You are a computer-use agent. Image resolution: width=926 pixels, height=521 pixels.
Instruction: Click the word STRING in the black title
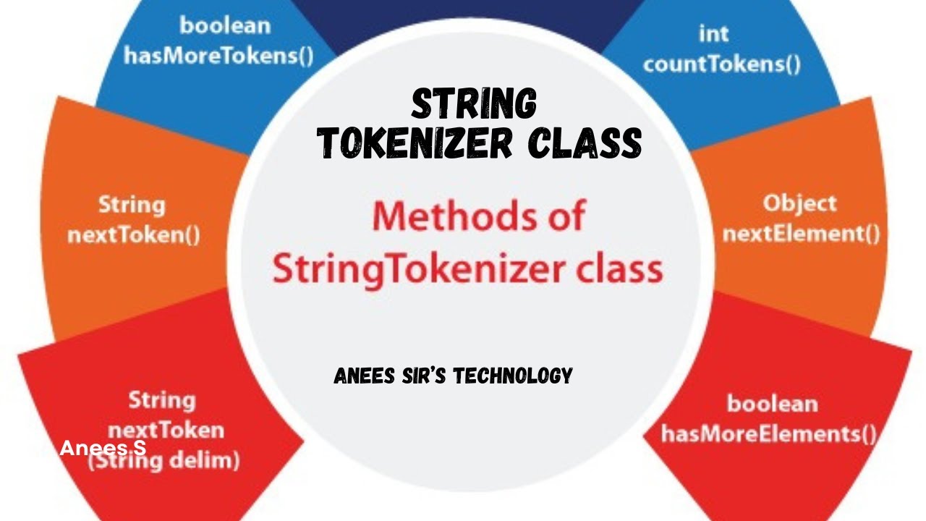tap(475, 104)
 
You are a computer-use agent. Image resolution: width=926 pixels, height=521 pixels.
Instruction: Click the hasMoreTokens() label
tap(218, 56)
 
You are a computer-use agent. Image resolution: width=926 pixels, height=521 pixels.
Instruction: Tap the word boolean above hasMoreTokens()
tap(225, 25)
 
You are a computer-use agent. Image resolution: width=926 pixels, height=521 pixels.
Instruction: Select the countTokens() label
tap(721, 64)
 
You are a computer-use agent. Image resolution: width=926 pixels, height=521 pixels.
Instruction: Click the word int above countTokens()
tap(713, 33)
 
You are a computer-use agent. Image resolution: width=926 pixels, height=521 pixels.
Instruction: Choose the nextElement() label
tap(801, 234)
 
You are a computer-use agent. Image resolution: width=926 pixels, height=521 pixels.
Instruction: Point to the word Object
tap(799, 203)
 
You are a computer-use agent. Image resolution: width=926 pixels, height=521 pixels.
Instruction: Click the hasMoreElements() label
tap(769, 433)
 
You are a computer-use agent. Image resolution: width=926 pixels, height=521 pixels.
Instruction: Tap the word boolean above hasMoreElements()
tap(772, 403)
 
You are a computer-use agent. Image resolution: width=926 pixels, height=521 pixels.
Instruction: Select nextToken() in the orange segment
tap(133, 235)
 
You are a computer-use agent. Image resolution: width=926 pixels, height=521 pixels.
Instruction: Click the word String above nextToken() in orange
tap(132, 204)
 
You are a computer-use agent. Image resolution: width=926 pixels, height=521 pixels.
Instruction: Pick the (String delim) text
tap(164, 461)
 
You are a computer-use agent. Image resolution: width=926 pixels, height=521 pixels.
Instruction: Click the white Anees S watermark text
tap(103, 448)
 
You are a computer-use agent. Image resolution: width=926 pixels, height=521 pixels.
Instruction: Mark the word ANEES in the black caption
tap(360, 376)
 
